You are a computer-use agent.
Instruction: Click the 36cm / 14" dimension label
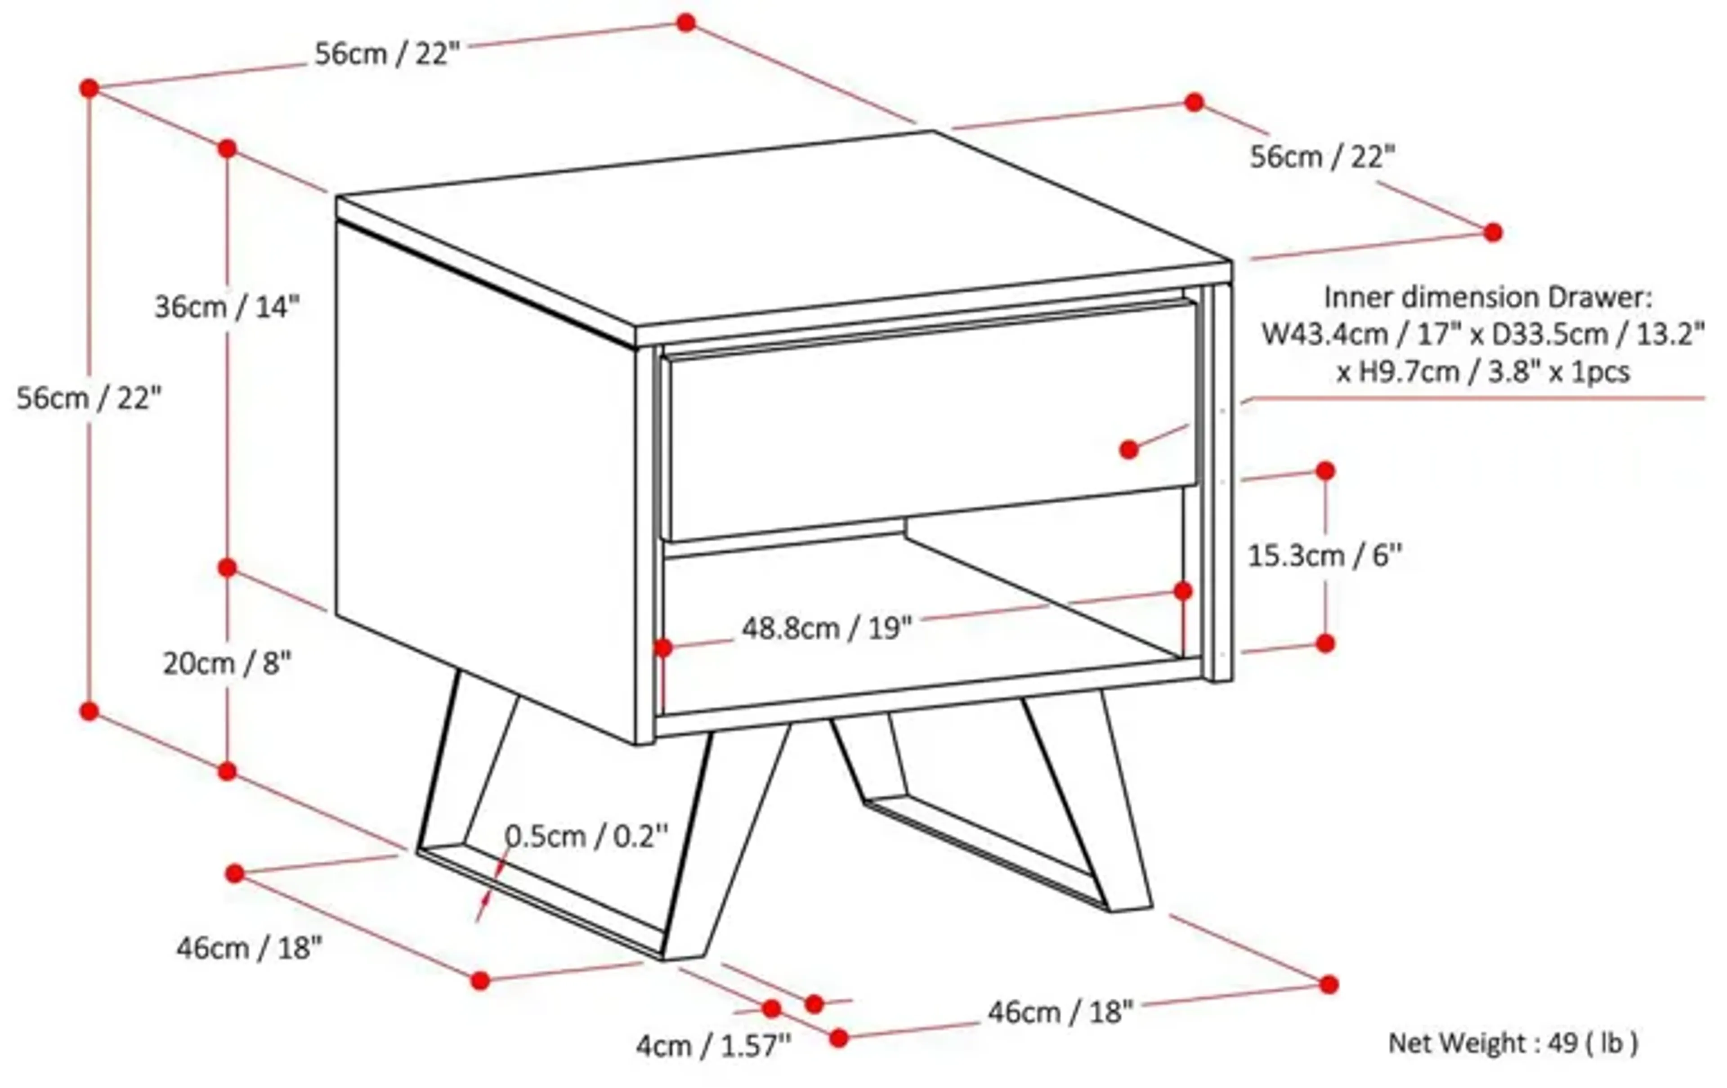click(x=227, y=308)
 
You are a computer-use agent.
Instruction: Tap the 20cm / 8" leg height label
click(x=228, y=663)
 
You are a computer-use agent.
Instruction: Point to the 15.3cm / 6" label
click(x=1324, y=555)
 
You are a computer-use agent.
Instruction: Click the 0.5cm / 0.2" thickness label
click(x=586, y=836)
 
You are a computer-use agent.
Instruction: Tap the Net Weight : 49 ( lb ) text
click(x=1513, y=1043)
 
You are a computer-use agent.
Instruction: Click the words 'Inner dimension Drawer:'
click(x=1487, y=297)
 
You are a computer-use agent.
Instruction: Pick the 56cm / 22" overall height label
click(x=89, y=397)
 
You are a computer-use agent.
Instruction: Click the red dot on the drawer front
click(x=1129, y=450)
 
